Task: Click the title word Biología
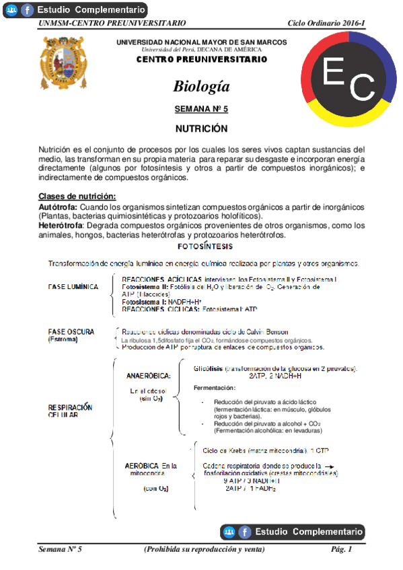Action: (201, 87)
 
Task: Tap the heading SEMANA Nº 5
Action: (201, 108)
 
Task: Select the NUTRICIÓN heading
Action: (201, 128)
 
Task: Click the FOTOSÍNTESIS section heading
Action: (201, 247)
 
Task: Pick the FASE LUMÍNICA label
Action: (73, 287)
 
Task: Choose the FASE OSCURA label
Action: (71, 332)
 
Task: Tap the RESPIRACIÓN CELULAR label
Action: (70, 411)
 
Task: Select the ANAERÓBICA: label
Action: (149, 375)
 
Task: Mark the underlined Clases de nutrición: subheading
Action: (77, 196)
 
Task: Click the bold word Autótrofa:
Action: (58, 206)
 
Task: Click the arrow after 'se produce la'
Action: (329, 464)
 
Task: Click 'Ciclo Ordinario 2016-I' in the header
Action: (326, 24)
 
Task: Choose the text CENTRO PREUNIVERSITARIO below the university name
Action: (201, 59)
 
